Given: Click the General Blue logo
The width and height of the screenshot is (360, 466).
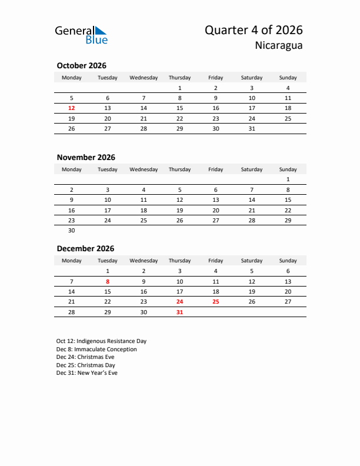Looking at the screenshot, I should pyautogui.click(x=81, y=35).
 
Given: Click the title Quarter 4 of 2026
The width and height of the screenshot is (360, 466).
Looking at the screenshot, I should pyautogui.click(x=254, y=31).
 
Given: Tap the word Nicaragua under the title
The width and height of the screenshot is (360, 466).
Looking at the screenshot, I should pyautogui.click(x=279, y=46).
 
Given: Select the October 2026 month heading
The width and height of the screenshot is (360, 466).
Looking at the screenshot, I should pyautogui.click(x=81, y=65).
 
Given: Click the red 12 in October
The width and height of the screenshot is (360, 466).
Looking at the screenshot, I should pyautogui.click(x=72, y=108).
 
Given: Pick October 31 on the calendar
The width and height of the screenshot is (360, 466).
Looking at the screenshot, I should pyautogui.click(x=252, y=128).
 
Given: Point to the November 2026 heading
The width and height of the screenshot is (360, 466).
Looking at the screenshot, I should pyautogui.click(x=86, y=157).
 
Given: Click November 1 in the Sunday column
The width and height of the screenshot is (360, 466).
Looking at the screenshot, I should pyautogui.click(x=288, y=179).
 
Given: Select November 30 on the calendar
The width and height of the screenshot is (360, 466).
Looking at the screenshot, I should pyautogui.click(x=72, y=231).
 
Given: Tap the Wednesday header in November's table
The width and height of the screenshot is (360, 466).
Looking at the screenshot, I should pyautogui.click(x=144, y=169).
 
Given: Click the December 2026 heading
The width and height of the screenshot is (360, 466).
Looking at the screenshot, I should pyautogui.click(x=85, y=248).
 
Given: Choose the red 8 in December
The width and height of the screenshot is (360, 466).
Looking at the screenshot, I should pyautogui.click(x=108, y=281).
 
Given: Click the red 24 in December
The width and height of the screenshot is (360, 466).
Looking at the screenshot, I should pyautogui.click(x=179, y=301).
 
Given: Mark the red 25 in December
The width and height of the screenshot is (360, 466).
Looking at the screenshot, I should pyautogui.click(x=215, y=301).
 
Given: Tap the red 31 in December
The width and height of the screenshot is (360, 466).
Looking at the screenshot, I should pyautogui.click(x=179, y=312).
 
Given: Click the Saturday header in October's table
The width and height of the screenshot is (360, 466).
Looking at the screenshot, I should pyautogui.click(x=252, y=78).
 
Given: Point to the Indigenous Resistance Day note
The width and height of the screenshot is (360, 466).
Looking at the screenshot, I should pyautogui.click(x=101, y=341).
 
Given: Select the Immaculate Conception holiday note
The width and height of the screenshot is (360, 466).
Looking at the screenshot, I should pyautogui.click(x=96, y=349).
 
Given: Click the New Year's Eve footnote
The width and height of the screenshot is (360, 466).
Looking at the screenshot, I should pyautogui.click(x=86, y=373).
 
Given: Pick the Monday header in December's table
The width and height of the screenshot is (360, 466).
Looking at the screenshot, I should pyautogui.click(x=72, y=261).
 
